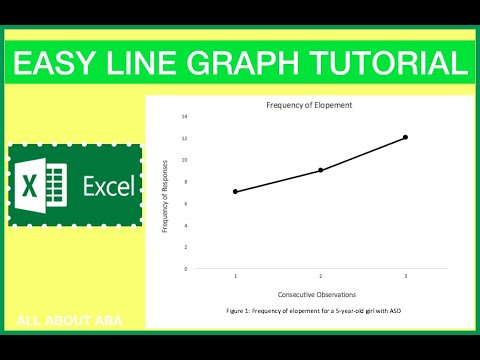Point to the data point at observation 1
tap(235, 191)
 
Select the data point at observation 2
tap(320, 170)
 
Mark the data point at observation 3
tap(405, 137)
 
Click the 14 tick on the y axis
tap(184, 116)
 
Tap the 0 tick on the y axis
tap(185, 268)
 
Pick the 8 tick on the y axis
tap(185, 181)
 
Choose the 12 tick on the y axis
tap(184, 138)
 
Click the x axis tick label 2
tap(320, 276)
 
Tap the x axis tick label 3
tap(405, 276)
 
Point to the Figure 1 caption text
tap(314, 313)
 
